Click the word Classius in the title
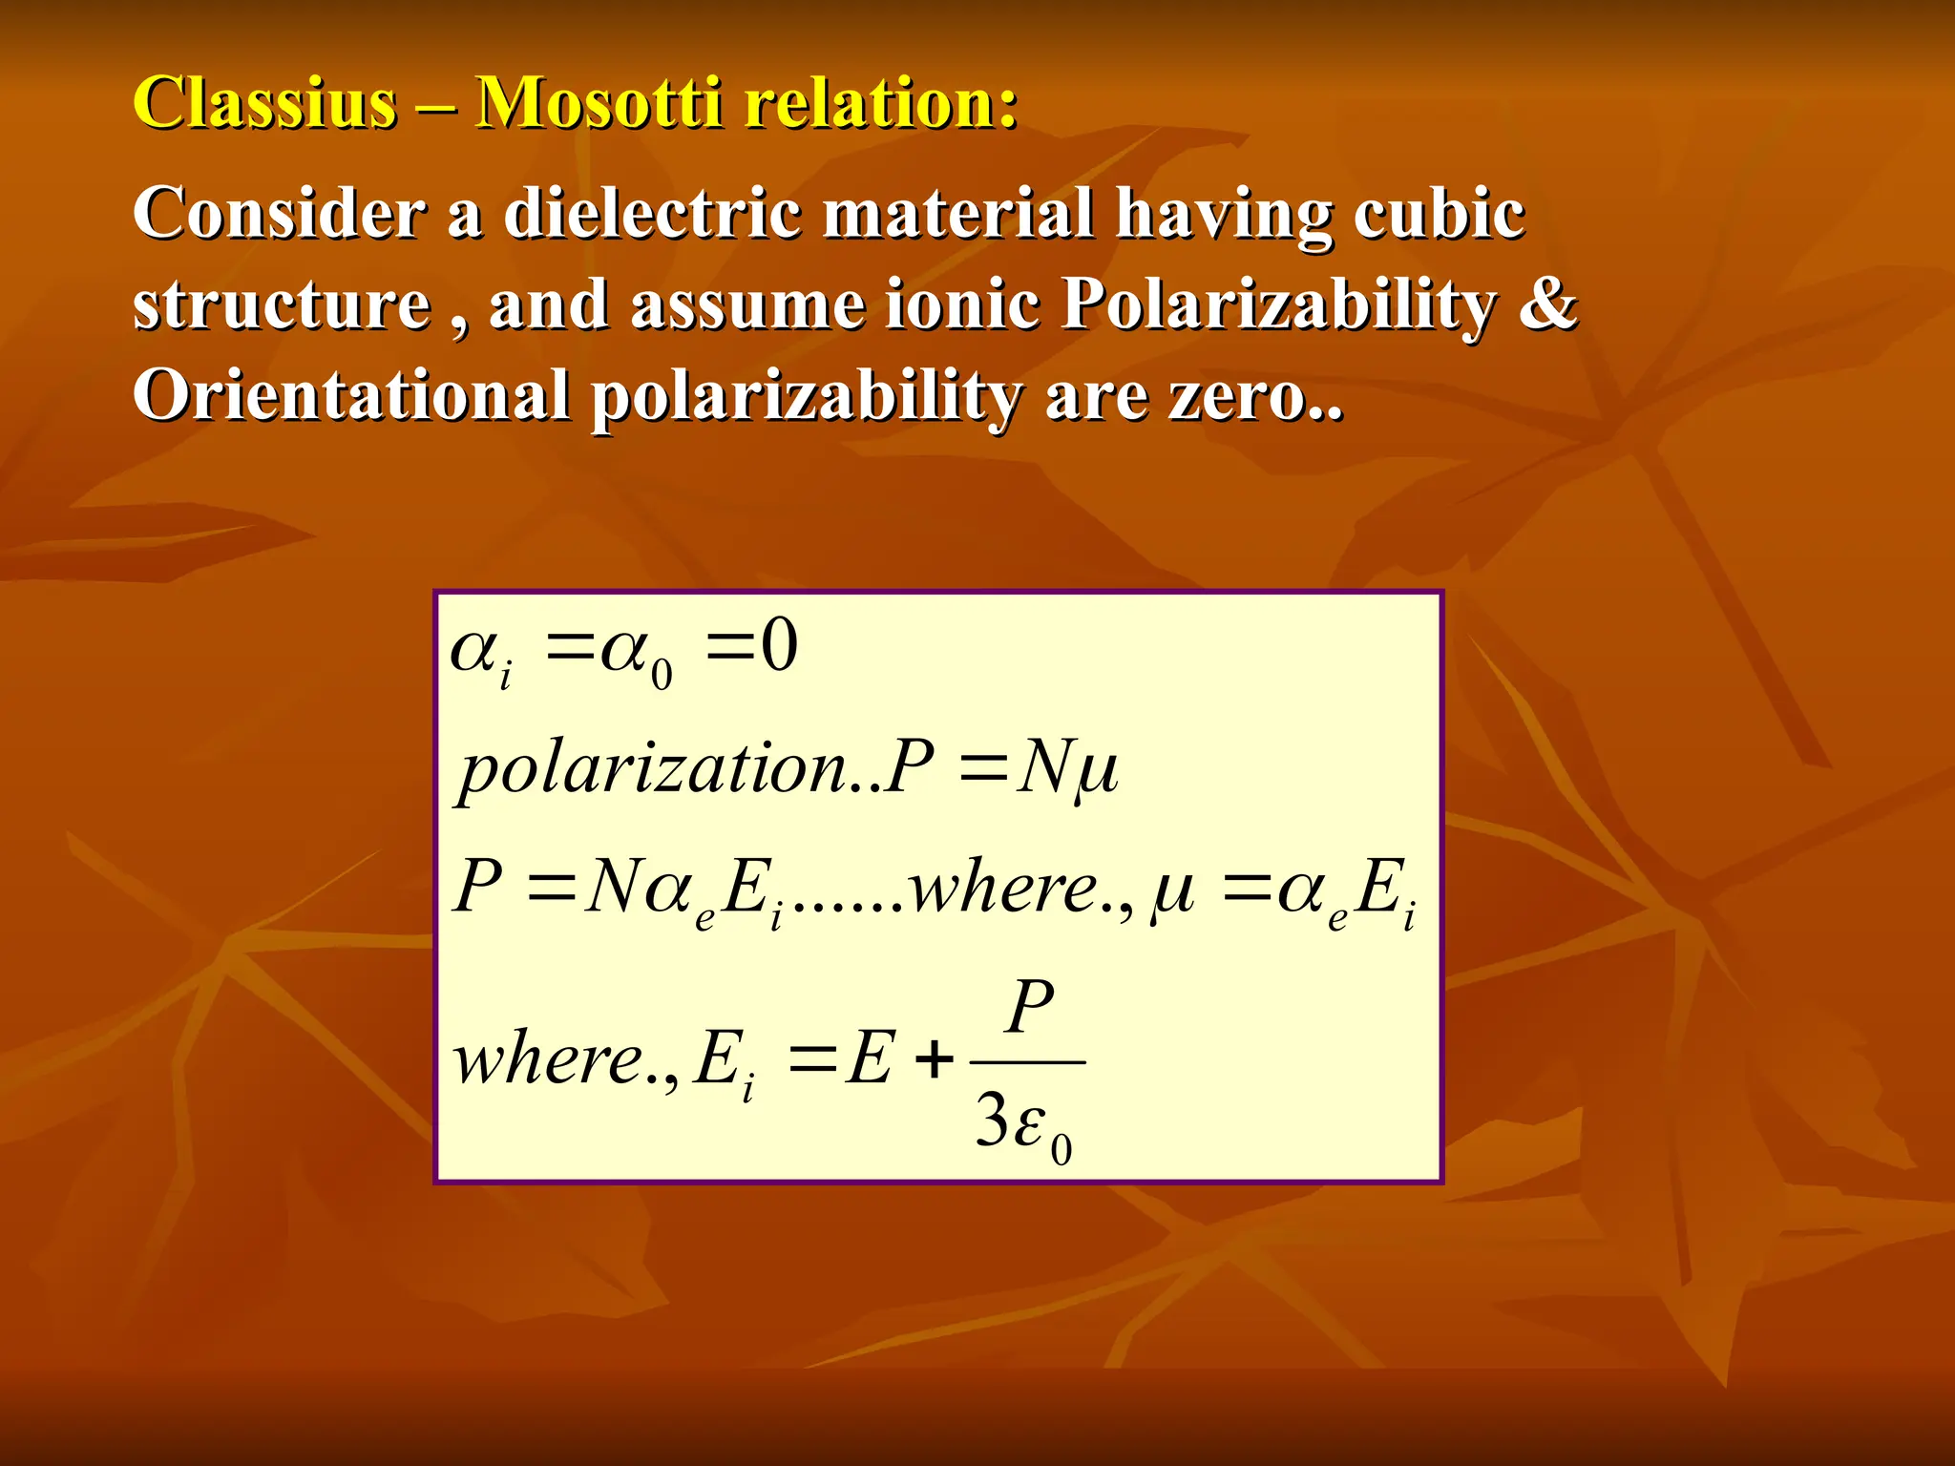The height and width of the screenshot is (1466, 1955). pos(264,102)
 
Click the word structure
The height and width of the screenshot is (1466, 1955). pos(282,304)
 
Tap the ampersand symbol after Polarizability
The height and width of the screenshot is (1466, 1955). pos(1546,303)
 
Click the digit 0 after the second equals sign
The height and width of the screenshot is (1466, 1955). pos(778,646)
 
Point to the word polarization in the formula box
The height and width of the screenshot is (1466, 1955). pos(653,769)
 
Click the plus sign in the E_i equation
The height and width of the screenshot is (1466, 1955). pos(934,1059)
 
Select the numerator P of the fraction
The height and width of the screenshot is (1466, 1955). pos(1030,1006)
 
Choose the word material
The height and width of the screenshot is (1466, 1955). pos(957,213)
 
